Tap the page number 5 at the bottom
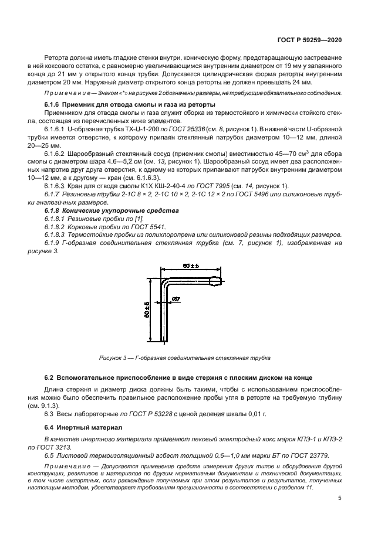tap(340, 498)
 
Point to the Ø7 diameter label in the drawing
tap(177, 301)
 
